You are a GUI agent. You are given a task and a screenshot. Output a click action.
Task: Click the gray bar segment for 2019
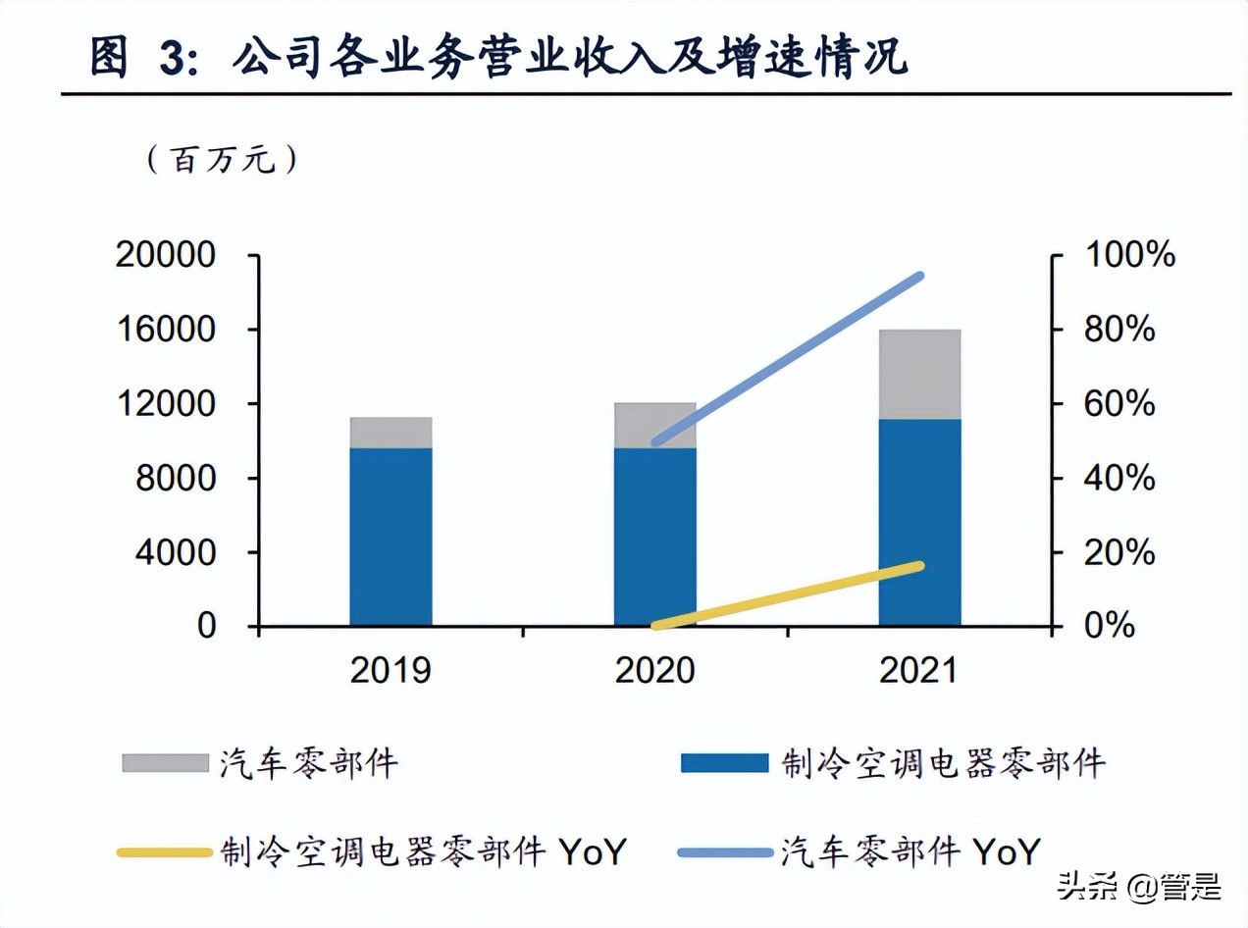pyautogui.click(x=390, y=433)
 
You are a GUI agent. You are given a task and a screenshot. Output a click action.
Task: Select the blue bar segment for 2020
pyautogui.click(x=654, y=537)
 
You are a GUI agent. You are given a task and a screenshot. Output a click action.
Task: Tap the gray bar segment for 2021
pyautogui.click(x=919, y=374)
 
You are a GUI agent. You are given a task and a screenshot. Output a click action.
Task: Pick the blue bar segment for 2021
pyautogui.click(x=919, y=522)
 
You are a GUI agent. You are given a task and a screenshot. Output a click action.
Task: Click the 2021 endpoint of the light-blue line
pyautogui.click(x=919, y=277)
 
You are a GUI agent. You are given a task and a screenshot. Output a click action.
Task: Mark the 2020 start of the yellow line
pyautogui.click(x=655, y=624)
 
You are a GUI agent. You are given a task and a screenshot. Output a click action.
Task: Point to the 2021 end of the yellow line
pyautogui.click(x=919, y=566)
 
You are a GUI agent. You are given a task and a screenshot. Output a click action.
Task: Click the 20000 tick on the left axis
pyautogui.click(x=165, y=255)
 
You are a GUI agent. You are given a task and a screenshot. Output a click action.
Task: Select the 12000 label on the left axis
pyautogui.click(x=165, y=404)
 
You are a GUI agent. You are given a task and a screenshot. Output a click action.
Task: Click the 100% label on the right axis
pyautogui.click(x=1129, y=255)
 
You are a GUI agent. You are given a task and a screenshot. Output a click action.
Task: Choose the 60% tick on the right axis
pyautogui.click(x=1119, y=404)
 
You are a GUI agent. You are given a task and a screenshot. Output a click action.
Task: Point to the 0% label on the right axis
pyautogui.click(x=1110, y=626)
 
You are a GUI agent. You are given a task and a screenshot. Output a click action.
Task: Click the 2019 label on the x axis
pyautogui.click(x=390, y=671)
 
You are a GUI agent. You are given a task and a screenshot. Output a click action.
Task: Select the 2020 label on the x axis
pyautogui.click(x=654, y=671)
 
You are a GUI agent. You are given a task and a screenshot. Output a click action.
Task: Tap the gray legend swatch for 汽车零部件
pyautogui.click(x=165, y=762)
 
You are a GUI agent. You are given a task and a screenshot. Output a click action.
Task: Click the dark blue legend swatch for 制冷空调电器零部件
pyautogui.click(x=724, y=762)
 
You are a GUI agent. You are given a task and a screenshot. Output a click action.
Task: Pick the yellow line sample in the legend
pyautogui.click(x=165, y=852)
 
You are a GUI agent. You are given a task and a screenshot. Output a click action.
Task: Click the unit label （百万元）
pyautogui.click(x=222, y=159)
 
